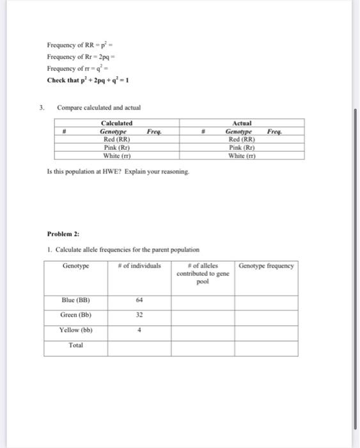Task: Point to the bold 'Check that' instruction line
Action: tap(89, 80)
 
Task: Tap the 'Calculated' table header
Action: tap(116, 122)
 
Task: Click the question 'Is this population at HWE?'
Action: tap(118, 171)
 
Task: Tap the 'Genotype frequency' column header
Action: tap(266, 266)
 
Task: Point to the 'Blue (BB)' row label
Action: tap(75, 299)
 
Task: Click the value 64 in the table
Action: tap(139, 299)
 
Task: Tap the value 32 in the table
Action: tap(139, 314)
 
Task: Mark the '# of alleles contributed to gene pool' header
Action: tap(203, 273)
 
